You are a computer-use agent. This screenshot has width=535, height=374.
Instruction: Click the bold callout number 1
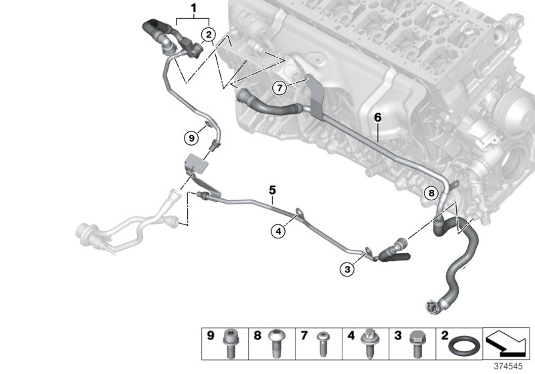point(193,9)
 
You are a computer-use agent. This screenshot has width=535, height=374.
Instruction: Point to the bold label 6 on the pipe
point(377,118)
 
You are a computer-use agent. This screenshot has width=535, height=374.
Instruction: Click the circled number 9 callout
point(191,138)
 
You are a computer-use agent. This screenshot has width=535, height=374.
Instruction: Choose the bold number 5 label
point(272,190)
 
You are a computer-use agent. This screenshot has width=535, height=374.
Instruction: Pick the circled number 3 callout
point(346,269)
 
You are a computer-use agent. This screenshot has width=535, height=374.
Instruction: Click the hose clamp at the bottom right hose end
point(431,307)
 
